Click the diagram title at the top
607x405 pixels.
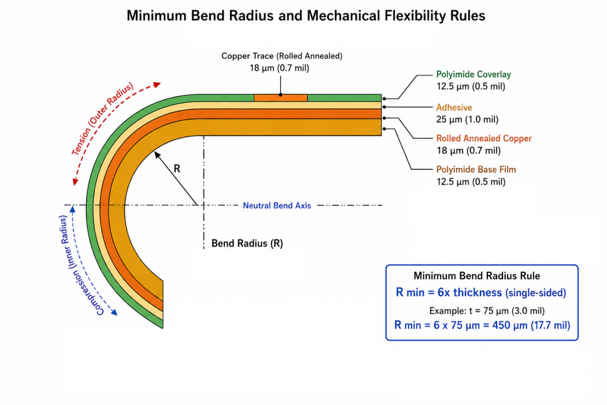[306, 16]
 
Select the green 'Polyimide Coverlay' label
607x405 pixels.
[473, 75]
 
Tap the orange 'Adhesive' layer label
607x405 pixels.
[454, 108]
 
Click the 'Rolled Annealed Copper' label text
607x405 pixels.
[484, 138]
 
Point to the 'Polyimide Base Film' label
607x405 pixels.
[476, 170]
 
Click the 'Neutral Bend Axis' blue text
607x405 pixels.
[277, 205]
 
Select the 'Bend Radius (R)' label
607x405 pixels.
[247, 244]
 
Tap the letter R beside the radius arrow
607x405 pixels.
[177, 168]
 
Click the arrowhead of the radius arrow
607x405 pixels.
[157, 154]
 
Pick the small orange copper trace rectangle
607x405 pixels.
[280, 98]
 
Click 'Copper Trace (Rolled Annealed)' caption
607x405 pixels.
[282, 56]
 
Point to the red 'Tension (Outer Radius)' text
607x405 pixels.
[102, 118]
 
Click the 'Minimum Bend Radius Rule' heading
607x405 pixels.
[476, 276]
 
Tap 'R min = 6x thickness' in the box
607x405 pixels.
[449, 292]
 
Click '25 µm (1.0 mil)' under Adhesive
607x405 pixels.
[467, 119]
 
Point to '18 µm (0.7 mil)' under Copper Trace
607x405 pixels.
[279, 68]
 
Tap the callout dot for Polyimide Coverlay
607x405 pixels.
[384, 99]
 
